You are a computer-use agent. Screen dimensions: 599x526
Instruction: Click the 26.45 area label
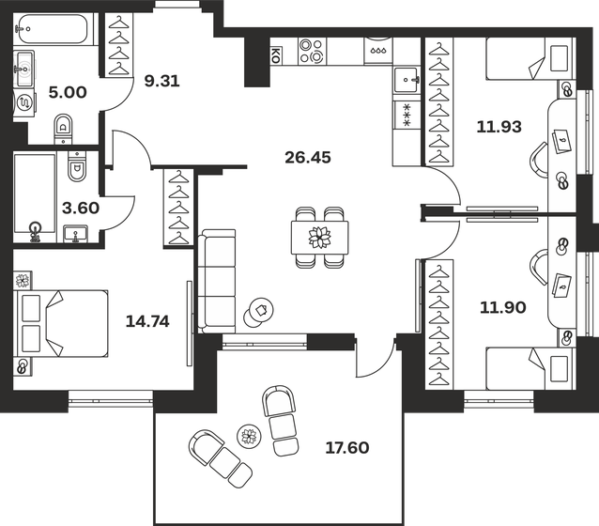point(308,157)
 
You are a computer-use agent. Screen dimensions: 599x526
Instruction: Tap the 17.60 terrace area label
point(347,447)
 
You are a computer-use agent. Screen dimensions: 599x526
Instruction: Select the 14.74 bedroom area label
point(147,321)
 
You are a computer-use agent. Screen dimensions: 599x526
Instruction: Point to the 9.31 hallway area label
point(162,81)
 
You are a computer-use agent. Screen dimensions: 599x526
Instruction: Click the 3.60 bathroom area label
point(81,208)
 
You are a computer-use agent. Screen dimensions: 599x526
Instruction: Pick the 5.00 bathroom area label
point(68,92)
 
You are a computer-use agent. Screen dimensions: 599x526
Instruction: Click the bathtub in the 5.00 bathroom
point(54,29)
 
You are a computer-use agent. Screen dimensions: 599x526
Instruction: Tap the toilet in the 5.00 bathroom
point(64,128)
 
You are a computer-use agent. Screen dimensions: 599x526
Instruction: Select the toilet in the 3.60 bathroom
point(77,165)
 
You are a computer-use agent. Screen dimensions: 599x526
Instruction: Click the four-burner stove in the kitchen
point(313,52)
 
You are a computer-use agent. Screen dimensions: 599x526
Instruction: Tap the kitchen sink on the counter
point(407,80)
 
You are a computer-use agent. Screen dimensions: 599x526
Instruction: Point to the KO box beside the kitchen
point(275,55)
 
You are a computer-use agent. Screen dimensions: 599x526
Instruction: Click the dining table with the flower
point(320,237)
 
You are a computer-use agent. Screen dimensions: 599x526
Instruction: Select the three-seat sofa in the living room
point(217,281)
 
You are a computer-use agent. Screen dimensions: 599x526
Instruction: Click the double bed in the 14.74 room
point(61,323)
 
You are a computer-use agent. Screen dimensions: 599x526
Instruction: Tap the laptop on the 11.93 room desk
point(561,141)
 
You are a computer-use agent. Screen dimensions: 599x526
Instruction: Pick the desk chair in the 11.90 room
point(538,267)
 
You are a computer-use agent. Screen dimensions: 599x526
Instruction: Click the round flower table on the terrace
point(249,436)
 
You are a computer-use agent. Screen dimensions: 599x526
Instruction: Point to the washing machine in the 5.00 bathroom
point(24,102)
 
